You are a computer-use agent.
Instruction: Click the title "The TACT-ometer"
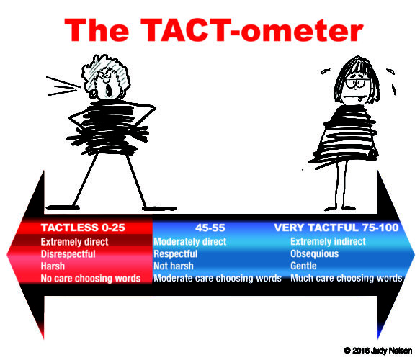click(x=214, y=30)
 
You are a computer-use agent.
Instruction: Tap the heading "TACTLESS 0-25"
click(x=83, y=228)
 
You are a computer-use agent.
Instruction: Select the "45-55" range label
click(x=210, y=228)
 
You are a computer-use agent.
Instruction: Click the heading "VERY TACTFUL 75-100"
click(x=336, y=228)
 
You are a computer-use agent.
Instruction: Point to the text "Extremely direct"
click(x=74, y=242)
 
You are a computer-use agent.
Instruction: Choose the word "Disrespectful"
click(x=68, y=254)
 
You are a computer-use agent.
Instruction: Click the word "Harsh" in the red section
click(x=53, y=266)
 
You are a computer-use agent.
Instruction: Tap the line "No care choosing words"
click(x=91, y=279)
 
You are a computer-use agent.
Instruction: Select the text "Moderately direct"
click(x=190, y=242)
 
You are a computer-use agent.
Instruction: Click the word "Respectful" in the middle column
click(x=176, y=253)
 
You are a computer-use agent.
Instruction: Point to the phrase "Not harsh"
click(x=174, y=266)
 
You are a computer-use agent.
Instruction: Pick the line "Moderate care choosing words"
click(x=218, y=278)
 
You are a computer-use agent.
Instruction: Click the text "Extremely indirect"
click(x=328, y=241)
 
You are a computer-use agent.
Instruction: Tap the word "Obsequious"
click(x=315, y=253)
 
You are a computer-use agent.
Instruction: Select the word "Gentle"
click(x=303, y=266)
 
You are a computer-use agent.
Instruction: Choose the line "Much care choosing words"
click(x=347, y=278)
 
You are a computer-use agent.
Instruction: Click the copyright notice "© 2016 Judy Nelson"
click(x=378, y=351)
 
